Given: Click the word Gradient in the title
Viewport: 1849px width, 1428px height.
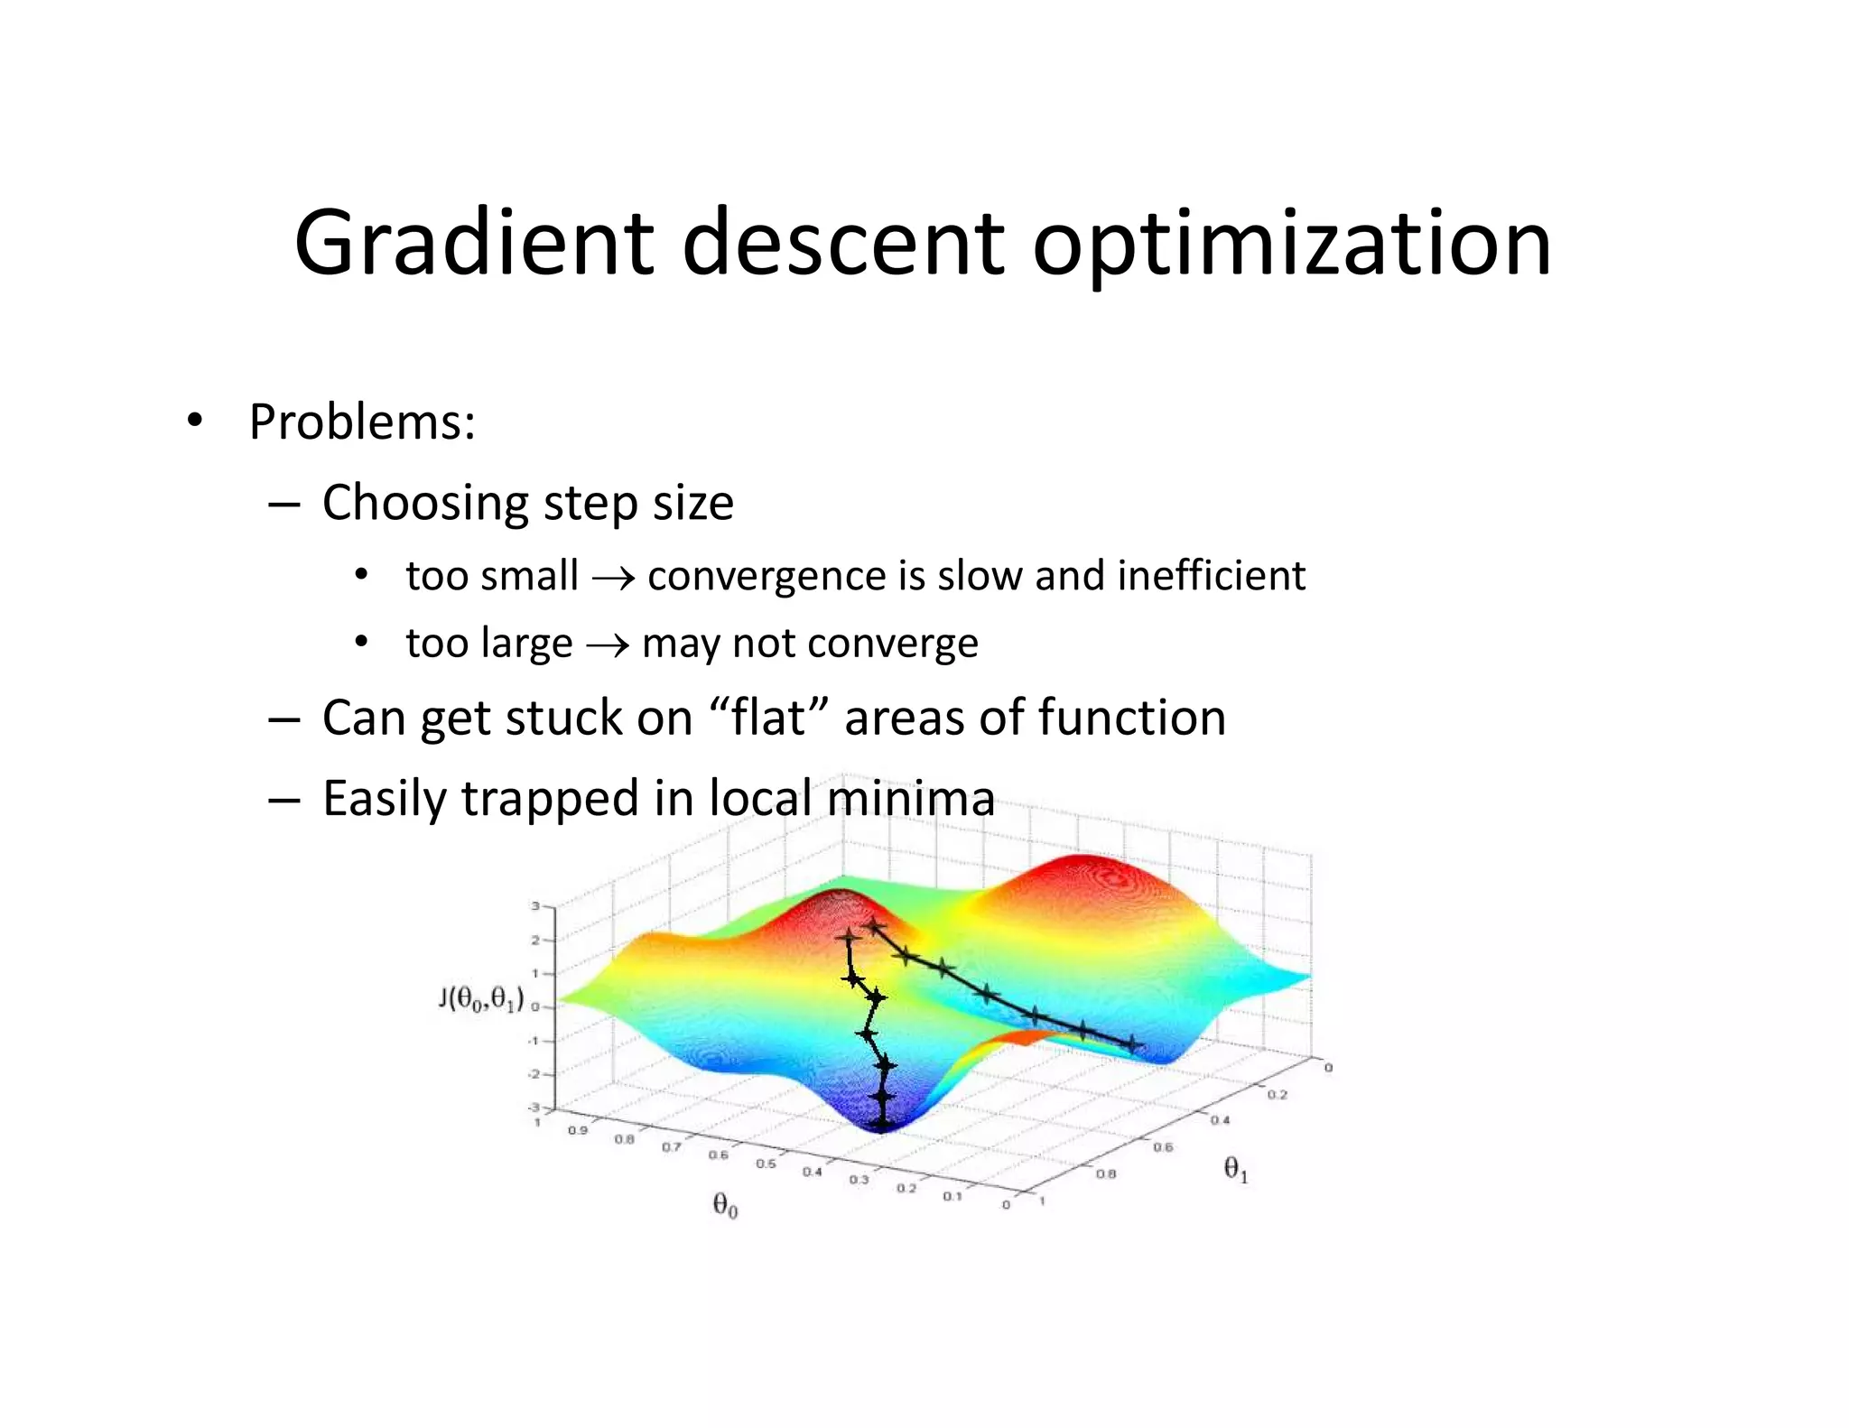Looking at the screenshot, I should [x=474, y=244].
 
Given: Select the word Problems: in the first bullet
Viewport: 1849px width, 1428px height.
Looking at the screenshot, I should [x=362, y=422].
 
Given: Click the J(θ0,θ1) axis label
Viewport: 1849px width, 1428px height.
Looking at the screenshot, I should [x=481, y=999].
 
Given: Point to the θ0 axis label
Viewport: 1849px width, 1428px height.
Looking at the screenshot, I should [x=725, y=1205].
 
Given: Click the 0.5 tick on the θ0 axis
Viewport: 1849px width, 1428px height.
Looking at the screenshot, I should [x=765, y=1164].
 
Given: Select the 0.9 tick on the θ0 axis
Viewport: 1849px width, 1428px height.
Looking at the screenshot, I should [x=577, y=1130].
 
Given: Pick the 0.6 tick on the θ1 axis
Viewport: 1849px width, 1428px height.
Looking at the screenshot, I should [x=1163, y=1147].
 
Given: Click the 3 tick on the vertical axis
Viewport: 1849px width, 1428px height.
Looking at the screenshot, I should [x=535, y=905].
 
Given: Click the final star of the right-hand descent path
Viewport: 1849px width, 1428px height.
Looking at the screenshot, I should [x=1131, y=1044].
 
